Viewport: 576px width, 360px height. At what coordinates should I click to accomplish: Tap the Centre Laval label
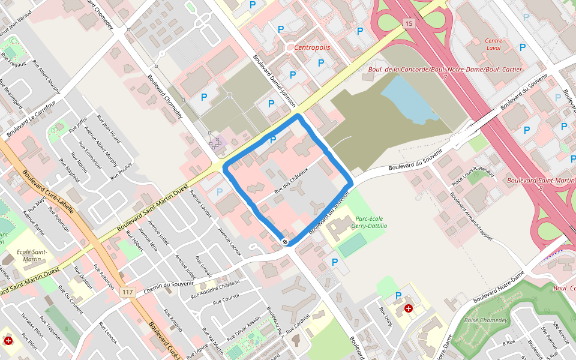493,44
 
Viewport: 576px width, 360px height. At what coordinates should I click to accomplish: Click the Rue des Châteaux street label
291,181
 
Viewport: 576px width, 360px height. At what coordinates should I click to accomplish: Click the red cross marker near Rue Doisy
409,308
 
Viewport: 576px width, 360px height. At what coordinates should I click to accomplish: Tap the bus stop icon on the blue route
285,242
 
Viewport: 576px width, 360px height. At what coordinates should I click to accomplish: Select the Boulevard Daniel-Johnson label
274,82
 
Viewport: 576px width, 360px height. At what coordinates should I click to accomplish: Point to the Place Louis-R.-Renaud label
473,178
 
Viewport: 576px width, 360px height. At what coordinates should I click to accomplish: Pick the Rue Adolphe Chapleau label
215,289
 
